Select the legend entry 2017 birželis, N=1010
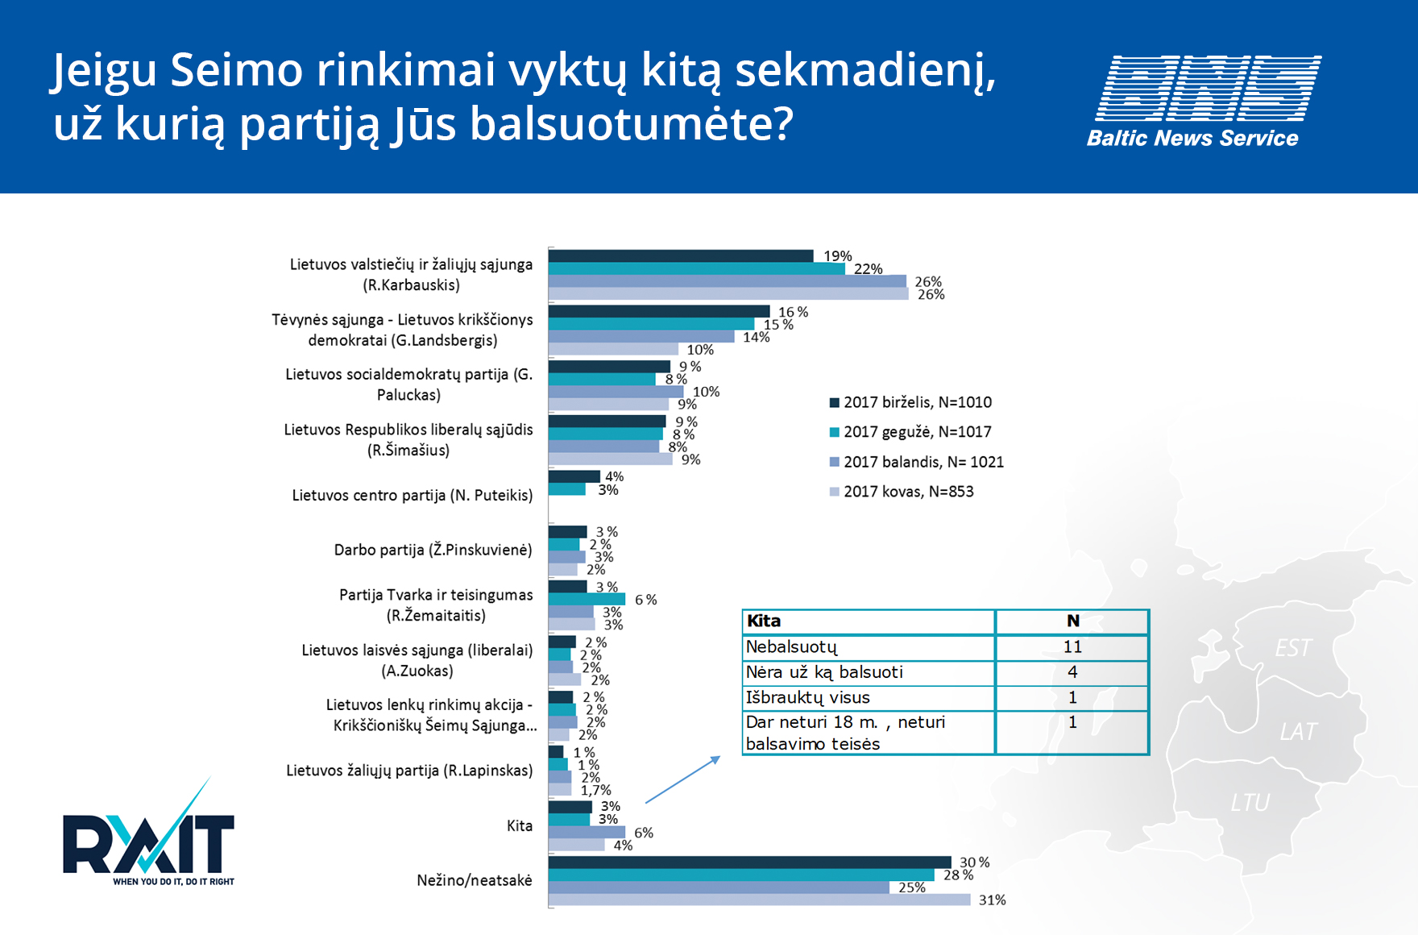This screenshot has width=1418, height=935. (910, 402)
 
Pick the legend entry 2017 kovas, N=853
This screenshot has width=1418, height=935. (902, 492)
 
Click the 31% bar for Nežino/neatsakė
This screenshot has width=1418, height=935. (759, 900)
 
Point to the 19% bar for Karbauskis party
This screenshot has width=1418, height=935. (681, 256)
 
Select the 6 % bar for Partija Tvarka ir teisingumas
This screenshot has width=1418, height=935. (587, 599)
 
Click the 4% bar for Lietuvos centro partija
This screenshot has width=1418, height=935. (574, 476)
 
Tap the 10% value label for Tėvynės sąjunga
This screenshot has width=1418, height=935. (700, 350)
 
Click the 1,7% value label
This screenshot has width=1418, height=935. (596, 790)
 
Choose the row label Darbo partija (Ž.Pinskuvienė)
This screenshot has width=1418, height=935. (433, 550)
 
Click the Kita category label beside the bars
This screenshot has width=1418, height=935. (520, 825)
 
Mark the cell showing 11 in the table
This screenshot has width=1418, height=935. (1072, 646)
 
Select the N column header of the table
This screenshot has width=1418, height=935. (1072, 621)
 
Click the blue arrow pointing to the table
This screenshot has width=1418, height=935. (682, 779)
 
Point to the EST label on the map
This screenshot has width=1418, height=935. (1293, 648)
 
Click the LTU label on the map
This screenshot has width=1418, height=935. (1250, 803)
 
